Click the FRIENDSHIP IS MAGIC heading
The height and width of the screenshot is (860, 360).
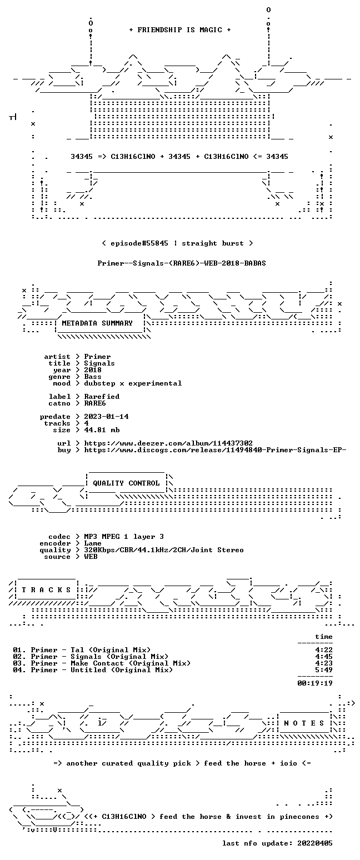tap(180, 30)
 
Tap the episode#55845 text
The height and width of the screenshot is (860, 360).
tap(139, 243)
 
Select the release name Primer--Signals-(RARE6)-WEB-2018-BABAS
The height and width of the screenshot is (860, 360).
tap(182, 263)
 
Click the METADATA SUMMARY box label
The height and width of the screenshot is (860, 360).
tap(97, 323)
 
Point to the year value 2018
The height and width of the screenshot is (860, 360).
tap(93, 370)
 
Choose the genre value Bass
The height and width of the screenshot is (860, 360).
tap(93, 377)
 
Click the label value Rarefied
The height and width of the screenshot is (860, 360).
tap(102, 397)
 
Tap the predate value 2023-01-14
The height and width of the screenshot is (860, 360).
tap(106, 417)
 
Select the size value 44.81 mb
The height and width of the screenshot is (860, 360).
tap(102, 430)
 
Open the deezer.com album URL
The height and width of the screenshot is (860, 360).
tap(168, 443)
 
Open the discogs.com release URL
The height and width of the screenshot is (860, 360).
tap(216, 450)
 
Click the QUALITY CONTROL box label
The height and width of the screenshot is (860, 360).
tap(126, 483)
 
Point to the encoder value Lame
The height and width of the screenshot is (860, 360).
tap(93, 543)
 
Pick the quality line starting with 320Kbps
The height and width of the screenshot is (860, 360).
tap(164, 550)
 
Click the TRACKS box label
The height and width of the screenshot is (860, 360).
tap(47, 589)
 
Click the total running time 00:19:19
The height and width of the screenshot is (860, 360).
tap(314, 683)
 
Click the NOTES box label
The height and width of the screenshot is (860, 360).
tap(304, 723)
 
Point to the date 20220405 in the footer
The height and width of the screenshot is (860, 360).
tap(314, 843)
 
